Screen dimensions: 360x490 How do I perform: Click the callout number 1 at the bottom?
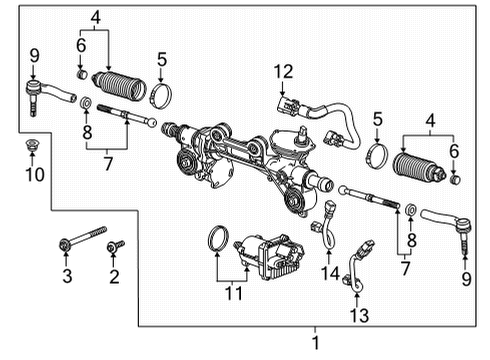(x=317, y=343)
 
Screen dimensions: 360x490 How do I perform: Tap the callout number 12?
(x=285, y=70)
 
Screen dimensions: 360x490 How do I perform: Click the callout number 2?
(x=113, y=275)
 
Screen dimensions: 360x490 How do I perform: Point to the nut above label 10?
(x=29, y=144)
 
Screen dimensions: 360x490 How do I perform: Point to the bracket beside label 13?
(x=360, y=262)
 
